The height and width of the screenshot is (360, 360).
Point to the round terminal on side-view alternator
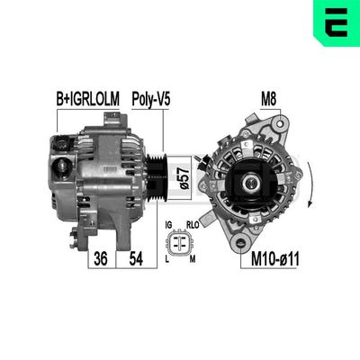pos(63,165)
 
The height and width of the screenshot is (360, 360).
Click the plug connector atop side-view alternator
pos(63,143)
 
